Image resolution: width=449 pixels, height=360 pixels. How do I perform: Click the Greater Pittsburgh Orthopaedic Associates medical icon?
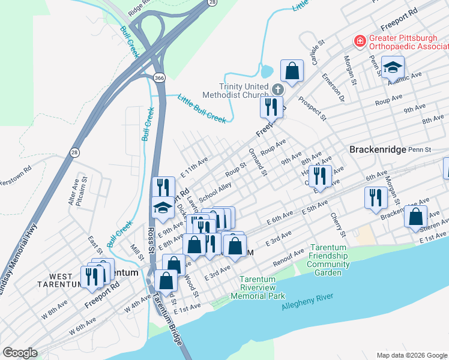click(360, 41)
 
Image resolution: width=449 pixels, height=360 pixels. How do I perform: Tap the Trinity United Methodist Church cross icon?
click(277, 89)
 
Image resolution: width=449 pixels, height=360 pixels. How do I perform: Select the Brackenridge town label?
click(376, 149)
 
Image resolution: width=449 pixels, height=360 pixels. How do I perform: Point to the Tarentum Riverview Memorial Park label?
click(261, 287)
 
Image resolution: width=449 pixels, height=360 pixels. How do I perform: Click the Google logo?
click(20, 352)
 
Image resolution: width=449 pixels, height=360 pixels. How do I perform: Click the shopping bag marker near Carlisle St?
click(292, 71)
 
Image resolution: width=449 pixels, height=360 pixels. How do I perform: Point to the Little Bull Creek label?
click(202, 109)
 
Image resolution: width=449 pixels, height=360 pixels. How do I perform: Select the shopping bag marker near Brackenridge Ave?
click(415, 217)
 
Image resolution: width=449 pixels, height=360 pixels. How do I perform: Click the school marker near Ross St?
click(161, 208)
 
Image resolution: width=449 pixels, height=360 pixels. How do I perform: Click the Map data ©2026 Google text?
click(411, 355)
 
